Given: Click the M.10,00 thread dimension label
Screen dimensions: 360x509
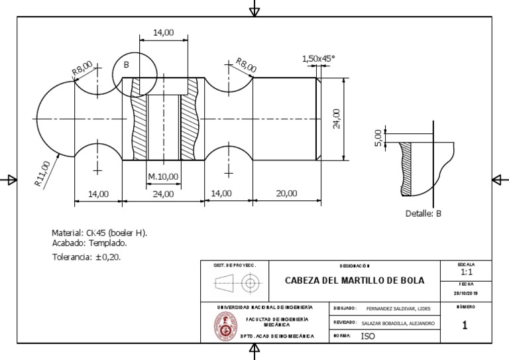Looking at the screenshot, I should (x=163, y=176).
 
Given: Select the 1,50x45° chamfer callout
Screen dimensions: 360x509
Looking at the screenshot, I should (x=318, y=59).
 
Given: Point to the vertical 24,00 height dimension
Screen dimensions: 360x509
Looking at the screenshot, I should (x=337, y=119).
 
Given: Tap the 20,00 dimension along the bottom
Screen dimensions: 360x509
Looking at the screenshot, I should (x=286, y=194).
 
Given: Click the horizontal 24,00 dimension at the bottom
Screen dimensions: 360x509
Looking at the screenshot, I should (x=163, y=194).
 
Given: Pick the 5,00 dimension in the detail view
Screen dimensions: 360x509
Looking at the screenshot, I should (x=378, y=137).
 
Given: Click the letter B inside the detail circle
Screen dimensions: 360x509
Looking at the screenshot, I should (x=126, y=65).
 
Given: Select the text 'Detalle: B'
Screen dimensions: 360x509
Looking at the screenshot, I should (x=424, y=213).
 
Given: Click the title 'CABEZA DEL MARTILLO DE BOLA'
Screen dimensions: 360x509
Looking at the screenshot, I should (x=355, y=280).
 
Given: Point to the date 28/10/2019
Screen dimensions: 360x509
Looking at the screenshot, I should (x=466, y=294).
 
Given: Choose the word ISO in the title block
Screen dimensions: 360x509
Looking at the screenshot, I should (x=368, y=336).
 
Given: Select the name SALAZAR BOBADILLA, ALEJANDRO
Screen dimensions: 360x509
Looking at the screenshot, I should (x=398, y=323).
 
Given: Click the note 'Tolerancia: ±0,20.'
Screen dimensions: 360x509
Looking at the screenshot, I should (x=86, y=257).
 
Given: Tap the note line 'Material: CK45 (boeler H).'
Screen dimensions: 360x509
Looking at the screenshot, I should (x=99, y=233).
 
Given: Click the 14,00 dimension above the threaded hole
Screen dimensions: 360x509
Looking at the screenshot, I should (x=164, y=32).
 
